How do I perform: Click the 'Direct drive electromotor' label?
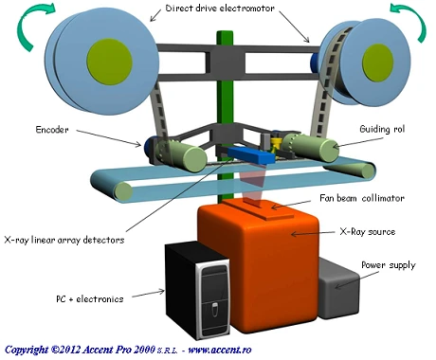tap(220, 9)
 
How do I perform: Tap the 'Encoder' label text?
tap(52, 130)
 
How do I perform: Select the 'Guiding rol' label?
tap(382, 129)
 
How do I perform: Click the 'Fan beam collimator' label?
tap(362, 198)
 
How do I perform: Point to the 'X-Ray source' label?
tap(368, 232)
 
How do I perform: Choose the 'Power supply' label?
tap(389, 265)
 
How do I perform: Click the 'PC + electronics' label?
tap(90, 298)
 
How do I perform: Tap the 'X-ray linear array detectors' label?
tap(64, 240)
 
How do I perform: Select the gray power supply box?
tap(339, 289)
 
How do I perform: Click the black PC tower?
tap(197, 291)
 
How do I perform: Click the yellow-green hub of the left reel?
tap(109, 62)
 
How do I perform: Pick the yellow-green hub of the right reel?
tap(377, 63)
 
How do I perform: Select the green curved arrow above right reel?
tap(410, 19)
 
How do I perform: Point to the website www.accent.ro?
tap(220, 350)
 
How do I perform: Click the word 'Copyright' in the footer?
tap(27, 350)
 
